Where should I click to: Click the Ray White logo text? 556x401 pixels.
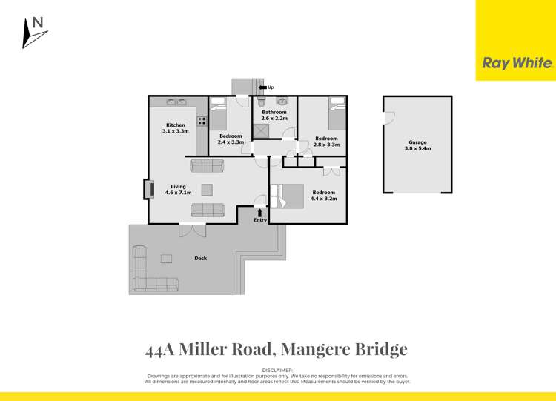[517, 64]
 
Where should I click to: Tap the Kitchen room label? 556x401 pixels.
[175, 125]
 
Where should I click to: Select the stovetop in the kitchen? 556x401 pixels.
[201, 120]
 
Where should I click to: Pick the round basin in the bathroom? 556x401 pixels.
[282, 102]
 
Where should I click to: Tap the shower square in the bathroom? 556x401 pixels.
[260, 131]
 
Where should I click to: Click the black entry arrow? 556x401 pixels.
[259, 213]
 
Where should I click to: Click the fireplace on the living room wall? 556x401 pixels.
[145, 189]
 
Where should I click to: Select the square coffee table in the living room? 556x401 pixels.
[207, 188]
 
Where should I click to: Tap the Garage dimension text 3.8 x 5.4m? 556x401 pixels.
[417, 148]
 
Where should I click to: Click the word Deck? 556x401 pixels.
[200, 259]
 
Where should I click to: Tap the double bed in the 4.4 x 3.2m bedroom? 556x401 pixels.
[288, 196]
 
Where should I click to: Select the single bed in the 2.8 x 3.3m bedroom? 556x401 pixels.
[337, 113]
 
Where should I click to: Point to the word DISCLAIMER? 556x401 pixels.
[278, 369]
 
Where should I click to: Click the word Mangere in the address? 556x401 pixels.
[313, 349]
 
